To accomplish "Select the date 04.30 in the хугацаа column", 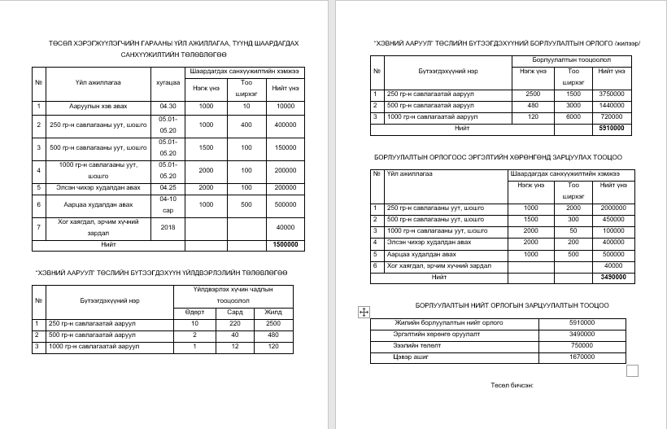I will pyautogui.click(x=168, y=106).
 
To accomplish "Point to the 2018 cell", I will pyautogui.click(x=168, y=227).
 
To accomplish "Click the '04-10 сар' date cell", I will pyautogui.click(x=168, y=204).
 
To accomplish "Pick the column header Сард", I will pyautogui.click(x=235, y=313).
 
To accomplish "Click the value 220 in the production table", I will pyautogui.click(x=235, y=324).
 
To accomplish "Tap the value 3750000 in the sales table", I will pyautogui.click(x=611, y=94).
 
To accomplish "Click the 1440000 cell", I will pyautogui.click(x=611, y=106).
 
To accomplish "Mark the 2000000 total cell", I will pyautogui.click(x=613, y=208).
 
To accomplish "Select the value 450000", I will pyautogui.click(x=613, y=219).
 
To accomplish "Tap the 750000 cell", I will pyautogui.click(x=581, y=345).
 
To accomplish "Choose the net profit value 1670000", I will pyautogui.click(x=581, y=357).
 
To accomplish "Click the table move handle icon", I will pyautogui.click(x=364, y=312).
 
